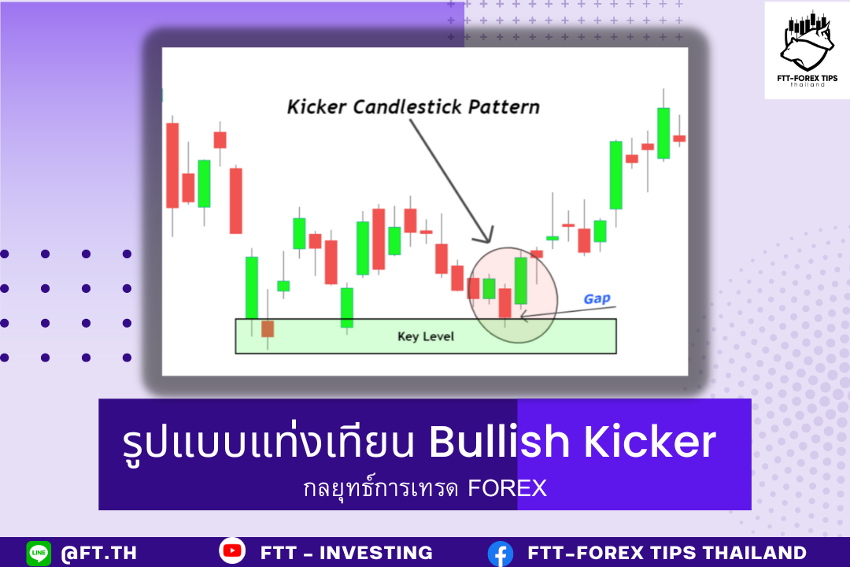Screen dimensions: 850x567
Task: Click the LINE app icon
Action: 39,553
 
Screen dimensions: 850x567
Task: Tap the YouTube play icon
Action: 232,550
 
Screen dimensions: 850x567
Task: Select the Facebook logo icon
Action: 501,554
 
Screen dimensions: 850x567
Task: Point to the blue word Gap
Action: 597,298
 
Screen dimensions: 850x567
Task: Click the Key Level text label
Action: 426,336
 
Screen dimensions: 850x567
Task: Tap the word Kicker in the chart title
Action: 316,107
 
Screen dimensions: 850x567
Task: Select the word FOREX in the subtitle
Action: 508,488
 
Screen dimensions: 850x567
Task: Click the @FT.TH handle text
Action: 98,553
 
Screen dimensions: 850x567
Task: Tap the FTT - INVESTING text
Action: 346,552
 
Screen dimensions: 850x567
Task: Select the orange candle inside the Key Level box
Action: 268,329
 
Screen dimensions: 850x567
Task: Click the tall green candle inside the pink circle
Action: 520,280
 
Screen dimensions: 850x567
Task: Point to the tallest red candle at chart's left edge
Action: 172,165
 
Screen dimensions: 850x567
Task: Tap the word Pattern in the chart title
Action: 504,107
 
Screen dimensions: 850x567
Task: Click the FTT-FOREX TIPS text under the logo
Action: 807,78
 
